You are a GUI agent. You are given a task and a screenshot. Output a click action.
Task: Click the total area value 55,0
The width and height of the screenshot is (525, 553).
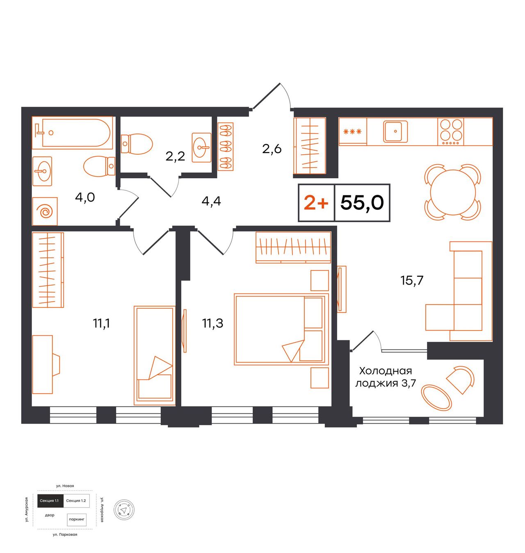point(362,202)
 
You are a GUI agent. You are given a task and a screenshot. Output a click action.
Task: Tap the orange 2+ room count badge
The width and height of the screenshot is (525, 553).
point(316,203)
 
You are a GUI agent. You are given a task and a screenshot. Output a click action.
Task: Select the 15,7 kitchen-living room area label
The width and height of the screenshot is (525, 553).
point(412,280)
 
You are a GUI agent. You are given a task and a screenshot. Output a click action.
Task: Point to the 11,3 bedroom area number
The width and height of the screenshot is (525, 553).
point(212,324)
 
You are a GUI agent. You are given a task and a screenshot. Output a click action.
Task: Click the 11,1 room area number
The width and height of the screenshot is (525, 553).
point(101,324)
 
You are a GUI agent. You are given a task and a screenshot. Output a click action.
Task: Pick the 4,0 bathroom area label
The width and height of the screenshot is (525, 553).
point(85,197)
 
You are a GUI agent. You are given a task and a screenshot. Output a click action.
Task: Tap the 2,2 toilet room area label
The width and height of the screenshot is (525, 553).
point(176,156)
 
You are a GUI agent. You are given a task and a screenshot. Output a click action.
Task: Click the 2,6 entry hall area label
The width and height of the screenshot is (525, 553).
point(272,149)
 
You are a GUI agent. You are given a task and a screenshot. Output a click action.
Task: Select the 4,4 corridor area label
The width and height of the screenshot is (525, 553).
point(211,202)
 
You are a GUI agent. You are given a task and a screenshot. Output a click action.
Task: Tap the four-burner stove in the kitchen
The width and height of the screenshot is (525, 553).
point(451,132)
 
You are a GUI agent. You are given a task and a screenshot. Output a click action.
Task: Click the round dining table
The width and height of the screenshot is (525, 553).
point(453,193)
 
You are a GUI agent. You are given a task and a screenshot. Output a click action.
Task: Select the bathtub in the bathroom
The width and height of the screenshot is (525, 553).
point(72,133)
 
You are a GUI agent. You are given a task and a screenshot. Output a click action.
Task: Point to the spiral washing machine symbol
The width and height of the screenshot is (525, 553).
point(45,211)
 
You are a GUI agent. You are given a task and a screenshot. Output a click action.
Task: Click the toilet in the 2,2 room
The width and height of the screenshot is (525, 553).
point(137,143)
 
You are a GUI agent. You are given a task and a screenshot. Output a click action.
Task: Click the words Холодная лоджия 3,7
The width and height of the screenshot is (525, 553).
point(386,377)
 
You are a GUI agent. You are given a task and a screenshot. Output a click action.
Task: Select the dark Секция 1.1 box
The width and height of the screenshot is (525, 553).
point(50,501)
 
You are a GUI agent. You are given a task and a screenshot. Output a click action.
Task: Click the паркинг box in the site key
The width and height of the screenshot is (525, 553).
point(77,519)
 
